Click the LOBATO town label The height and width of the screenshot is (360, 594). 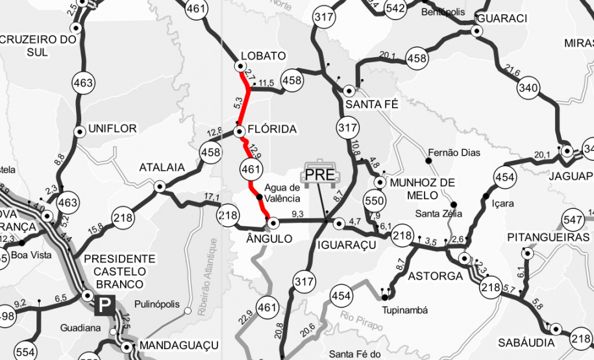pyautogui.click(x=262, y=56)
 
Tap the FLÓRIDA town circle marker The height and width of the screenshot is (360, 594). pyautogui.click(x=240, y=131)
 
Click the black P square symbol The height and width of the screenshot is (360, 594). pyautogui.click(x=104, y=305)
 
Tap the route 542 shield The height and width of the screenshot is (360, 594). pyautogui.click(x=395, y=8)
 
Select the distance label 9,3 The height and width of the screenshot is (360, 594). pyautogui.click(x=298, y=213)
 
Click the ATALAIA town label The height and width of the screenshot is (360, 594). pyautogui.click(x=162, y=168)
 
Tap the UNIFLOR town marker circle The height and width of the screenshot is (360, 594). pyautogui.click(x=80, y=131)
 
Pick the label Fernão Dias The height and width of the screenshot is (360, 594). pyautogui.click(x=454, y=153)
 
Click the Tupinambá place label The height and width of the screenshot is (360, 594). pyautogui.click(x=405, y=310)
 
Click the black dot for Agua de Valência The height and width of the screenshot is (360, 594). pyautogui.click(x=259, y=197)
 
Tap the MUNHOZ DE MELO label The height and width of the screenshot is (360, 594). pyautogui.click(x=423, y=189)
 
